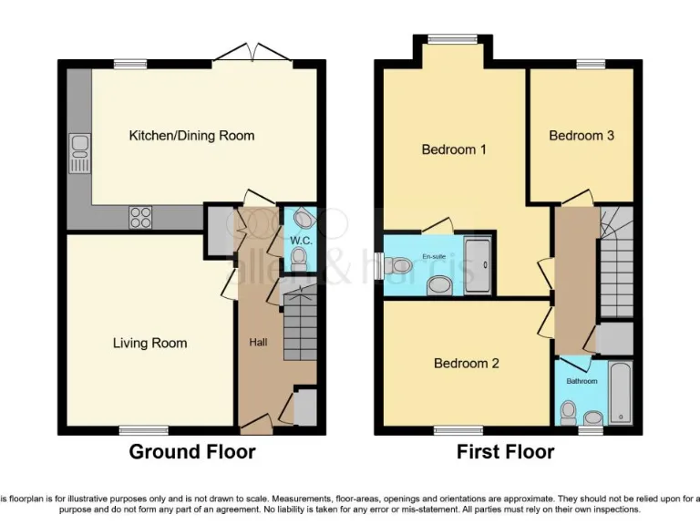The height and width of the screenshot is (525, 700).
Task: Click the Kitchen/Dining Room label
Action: click(x=191, y=136)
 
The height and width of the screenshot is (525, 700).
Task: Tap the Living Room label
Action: click(x=150, y=344)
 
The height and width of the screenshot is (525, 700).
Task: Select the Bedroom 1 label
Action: click(x=453, y=149)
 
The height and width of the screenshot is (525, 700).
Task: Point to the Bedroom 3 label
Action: click(x=581, y=136)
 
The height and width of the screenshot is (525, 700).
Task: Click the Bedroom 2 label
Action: click(x=466, y=364)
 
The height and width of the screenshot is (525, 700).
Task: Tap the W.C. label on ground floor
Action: click(x=300, y=240)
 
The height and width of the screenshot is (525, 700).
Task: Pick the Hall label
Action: click(x=258, y=343)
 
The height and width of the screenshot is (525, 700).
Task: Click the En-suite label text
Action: click(x=435, y=258)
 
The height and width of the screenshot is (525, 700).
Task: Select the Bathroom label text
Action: click(x=582, y=381)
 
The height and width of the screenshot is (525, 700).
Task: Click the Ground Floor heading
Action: click(x=191, y=452)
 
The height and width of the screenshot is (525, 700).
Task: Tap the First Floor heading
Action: click(x=506, y=452)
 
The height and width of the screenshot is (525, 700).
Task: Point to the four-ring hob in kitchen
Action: click(x=141, y=217)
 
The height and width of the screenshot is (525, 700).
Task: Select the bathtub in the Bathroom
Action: click(x=620, y=394)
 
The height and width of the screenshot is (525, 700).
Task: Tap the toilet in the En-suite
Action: click(x=398, y=265)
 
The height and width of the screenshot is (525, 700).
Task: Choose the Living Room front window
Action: click(x=143, y=429)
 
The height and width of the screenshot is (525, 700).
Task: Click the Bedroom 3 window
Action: click(x=590, y=64)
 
